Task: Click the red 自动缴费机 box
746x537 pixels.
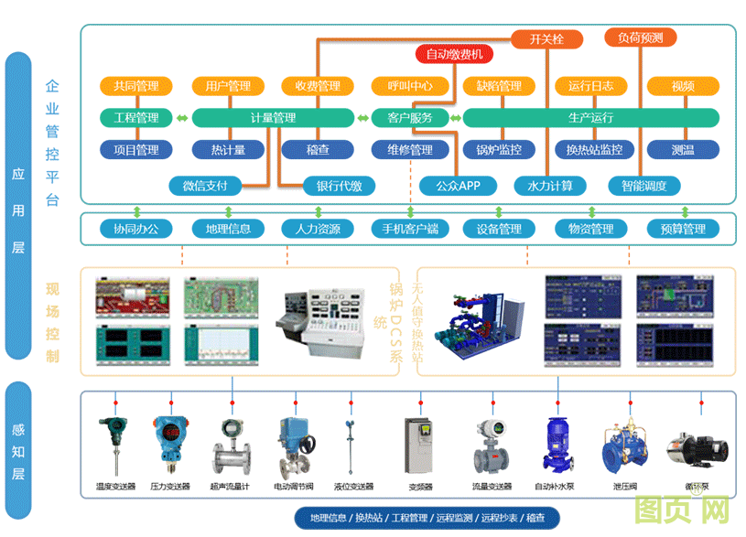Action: [x=454, y=54]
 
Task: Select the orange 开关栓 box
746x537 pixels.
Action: [x=546, y=38]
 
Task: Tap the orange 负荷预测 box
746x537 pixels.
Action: [x=640, y=38]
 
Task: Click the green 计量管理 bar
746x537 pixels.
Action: [x=273, y=118]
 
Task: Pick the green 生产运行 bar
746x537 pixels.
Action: [x=590, y=118]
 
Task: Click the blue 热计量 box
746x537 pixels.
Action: [x=228, y=150]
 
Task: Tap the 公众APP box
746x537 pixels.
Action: [x=458, y=186]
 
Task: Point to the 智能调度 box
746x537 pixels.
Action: [x=644, y=186]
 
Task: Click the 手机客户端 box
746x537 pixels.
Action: [x=410, y=229]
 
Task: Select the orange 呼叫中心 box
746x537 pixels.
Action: [x=409, y=87]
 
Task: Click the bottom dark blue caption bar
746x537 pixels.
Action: [x=427, y=518]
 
